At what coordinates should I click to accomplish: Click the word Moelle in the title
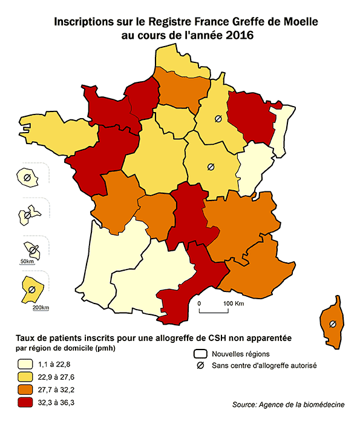pos(296,22)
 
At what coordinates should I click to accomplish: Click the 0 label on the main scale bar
pos(199,302)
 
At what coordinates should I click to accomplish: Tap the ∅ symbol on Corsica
pos(332,325)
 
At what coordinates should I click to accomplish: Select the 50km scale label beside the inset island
pos(27,261)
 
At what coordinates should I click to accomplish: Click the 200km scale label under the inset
pos(41,308)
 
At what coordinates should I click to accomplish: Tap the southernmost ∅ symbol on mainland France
pos(211,166)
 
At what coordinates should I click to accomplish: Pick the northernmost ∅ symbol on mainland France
pos(216,119)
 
